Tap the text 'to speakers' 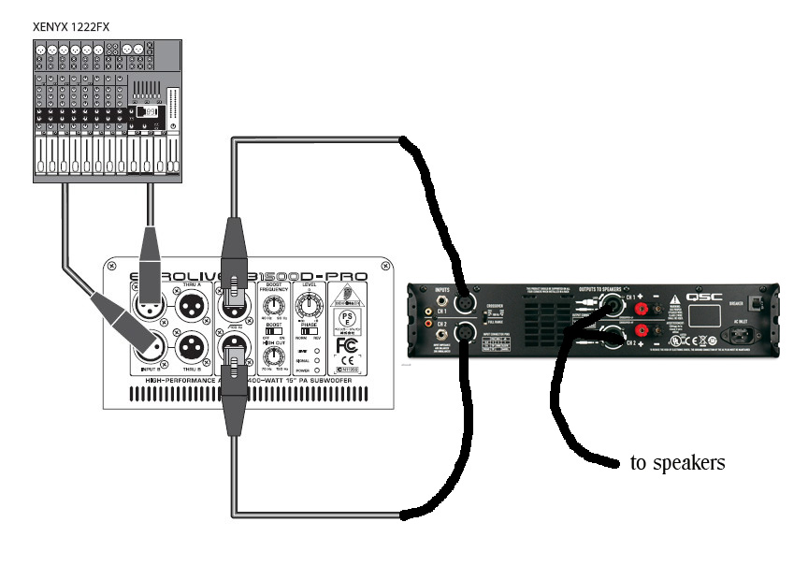[678, 462]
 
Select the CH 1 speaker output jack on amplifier [613, 306]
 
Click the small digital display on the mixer [145, 111]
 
